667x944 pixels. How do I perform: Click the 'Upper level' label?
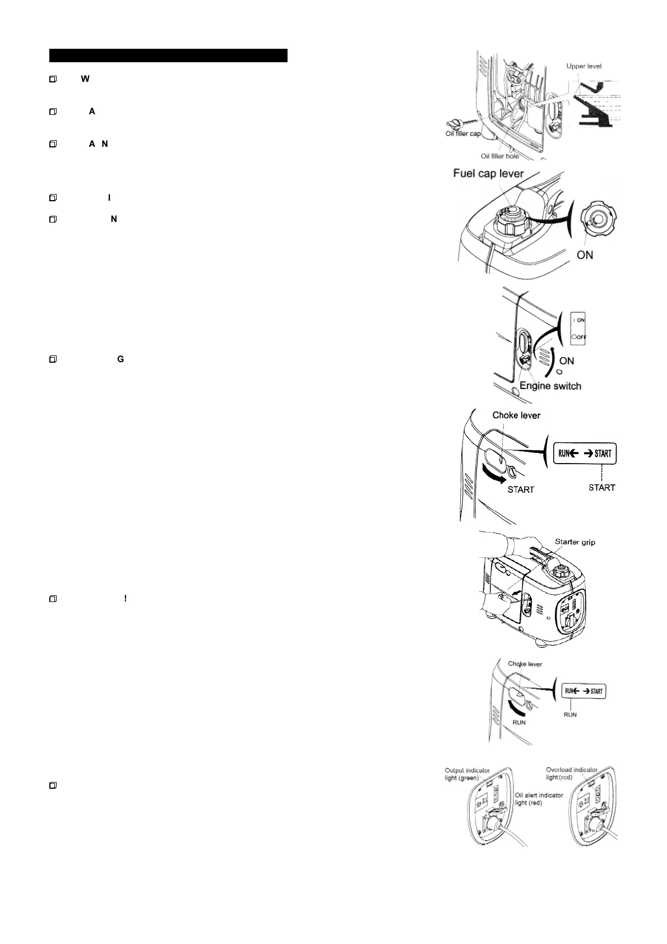click(583, 66)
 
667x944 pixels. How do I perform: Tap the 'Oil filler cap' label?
click(463, 133)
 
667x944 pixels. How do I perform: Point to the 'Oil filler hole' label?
click(500, 156)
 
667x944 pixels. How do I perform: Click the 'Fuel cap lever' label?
click(488, 174)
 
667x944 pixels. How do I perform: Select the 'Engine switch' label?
click(550, 386)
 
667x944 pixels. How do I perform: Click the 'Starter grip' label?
click(575, 542)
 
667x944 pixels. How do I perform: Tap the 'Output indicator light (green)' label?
click(467, 774)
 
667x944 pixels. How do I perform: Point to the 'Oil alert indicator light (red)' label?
click(539, 799)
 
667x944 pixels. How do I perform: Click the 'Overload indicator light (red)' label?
click(571, 774)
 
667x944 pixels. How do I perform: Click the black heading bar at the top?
click(168, 55)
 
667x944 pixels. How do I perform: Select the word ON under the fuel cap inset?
click(585, 255)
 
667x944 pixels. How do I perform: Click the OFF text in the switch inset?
click(581, 337)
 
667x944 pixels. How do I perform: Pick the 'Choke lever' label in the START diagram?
click(516, 415)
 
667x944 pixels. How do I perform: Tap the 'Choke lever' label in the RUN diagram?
click(525, 664)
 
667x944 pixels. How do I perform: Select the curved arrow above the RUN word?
click(518, 709)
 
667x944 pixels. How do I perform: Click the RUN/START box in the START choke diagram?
click(585, 454)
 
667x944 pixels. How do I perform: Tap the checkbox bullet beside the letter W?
click(53, 80)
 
